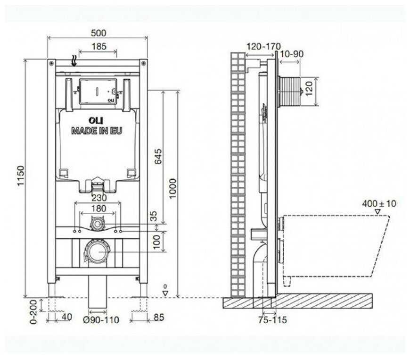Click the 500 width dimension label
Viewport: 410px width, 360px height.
point(98,33)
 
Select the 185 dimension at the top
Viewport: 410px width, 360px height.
point(99,47)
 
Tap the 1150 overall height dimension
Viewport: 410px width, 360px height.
point(20,176)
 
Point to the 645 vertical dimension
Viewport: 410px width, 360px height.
point(158,157)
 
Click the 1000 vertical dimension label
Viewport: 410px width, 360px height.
point(173,189)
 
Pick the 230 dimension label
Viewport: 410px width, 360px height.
point(99,198)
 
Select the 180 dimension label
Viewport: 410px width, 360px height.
point(98,209)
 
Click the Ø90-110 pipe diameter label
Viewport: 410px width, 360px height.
point(101,320)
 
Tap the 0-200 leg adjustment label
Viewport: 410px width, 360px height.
point(33,312)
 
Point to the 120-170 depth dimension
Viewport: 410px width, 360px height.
point(263,47)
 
